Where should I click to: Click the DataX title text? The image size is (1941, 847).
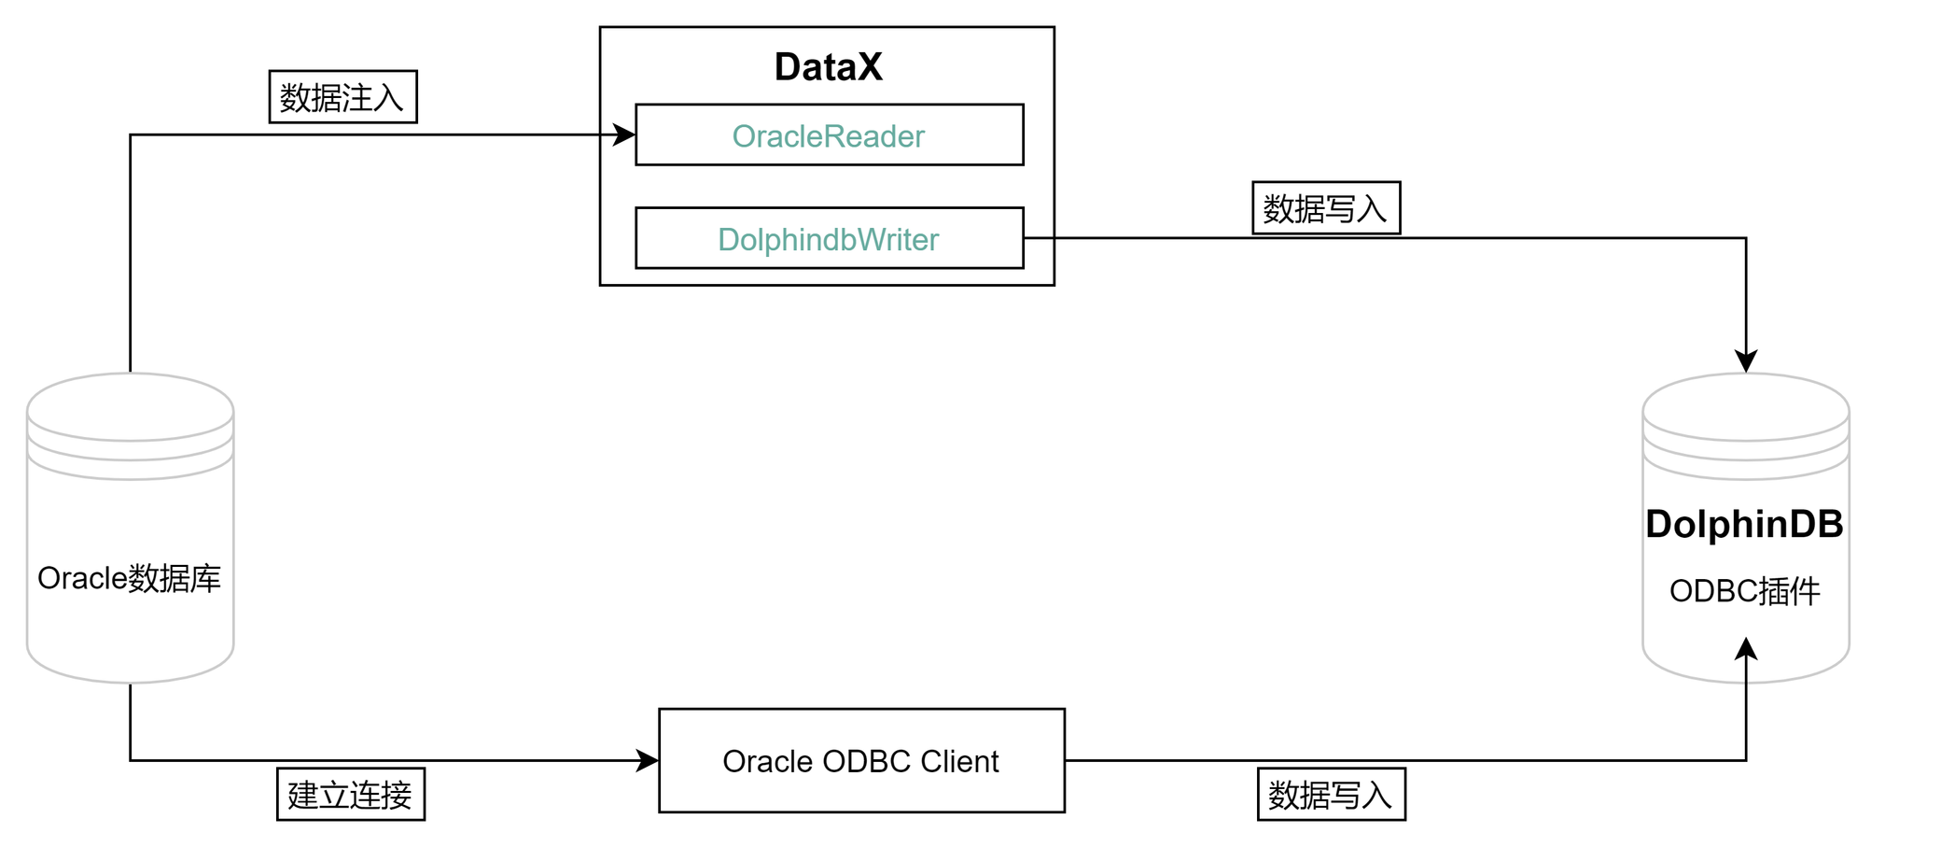point(828,67)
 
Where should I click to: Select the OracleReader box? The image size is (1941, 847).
point(829,135)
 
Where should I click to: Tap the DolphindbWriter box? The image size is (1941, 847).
point(829,239)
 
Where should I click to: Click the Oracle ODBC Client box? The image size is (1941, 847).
point(860,760)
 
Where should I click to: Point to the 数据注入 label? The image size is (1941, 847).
point(342,97)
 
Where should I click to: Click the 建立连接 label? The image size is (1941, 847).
point(350,795)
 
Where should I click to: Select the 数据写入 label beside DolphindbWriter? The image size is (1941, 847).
point(1325,208)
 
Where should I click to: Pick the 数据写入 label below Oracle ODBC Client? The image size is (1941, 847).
point(1331,795)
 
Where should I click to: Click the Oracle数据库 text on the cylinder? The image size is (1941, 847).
point(129,578)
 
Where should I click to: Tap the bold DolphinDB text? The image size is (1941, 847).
point(1744,524)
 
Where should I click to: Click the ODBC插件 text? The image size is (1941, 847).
point(1744,591)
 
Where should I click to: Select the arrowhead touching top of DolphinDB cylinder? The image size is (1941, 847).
point(1746,361)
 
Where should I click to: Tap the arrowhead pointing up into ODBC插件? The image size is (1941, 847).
point(1746,649)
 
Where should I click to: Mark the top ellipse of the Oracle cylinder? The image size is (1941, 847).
point(130,407)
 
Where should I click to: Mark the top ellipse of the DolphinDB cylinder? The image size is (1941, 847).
point(1745,407)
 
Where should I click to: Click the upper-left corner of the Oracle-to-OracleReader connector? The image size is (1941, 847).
point(131,135)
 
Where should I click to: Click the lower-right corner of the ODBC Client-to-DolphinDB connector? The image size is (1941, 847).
point(1746,760)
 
